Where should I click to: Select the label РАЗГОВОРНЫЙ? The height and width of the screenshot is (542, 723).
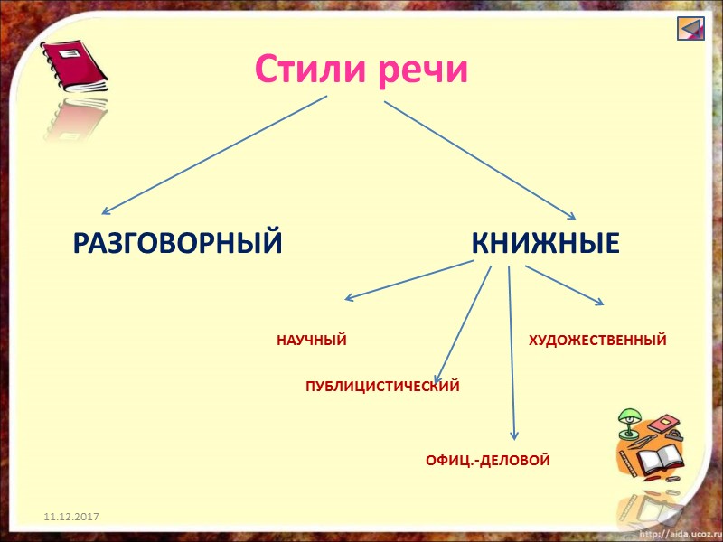tap(178, 243)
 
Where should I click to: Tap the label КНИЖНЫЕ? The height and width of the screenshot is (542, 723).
tap(545, 243)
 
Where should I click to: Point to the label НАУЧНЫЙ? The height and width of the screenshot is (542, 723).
tap(312, 341)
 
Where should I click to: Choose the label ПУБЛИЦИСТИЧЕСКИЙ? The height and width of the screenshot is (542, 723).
tap(382, 387)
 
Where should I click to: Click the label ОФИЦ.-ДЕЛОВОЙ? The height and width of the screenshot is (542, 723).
tap(487, 461)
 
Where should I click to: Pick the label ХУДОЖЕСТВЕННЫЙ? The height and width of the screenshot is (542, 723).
tap(597, 341)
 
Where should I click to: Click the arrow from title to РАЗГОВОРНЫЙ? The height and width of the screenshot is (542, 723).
tap(217, 153)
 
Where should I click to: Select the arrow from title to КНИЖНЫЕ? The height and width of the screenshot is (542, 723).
tap(479, 158)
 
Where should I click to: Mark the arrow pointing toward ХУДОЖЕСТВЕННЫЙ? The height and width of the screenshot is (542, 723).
tap(565, 285)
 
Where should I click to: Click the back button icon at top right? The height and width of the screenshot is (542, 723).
tap(690, 28)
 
